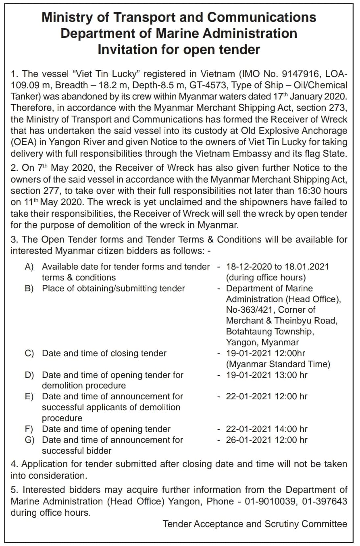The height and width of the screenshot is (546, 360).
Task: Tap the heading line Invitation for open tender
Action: coord(179,50)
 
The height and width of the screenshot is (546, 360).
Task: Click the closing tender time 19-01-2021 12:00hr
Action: coord(266,353)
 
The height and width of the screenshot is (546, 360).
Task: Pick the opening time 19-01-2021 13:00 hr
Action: coord(266,375)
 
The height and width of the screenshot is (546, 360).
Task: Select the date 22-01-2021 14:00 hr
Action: coord(266,429)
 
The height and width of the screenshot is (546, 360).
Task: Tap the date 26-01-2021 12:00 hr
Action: coord(266,440)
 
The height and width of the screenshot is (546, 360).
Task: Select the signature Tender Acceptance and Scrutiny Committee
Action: coord(255,524)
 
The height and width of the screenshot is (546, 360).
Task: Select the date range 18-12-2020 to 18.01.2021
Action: coord(277,267)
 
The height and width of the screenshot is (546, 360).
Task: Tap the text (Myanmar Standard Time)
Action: coord(278,364)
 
